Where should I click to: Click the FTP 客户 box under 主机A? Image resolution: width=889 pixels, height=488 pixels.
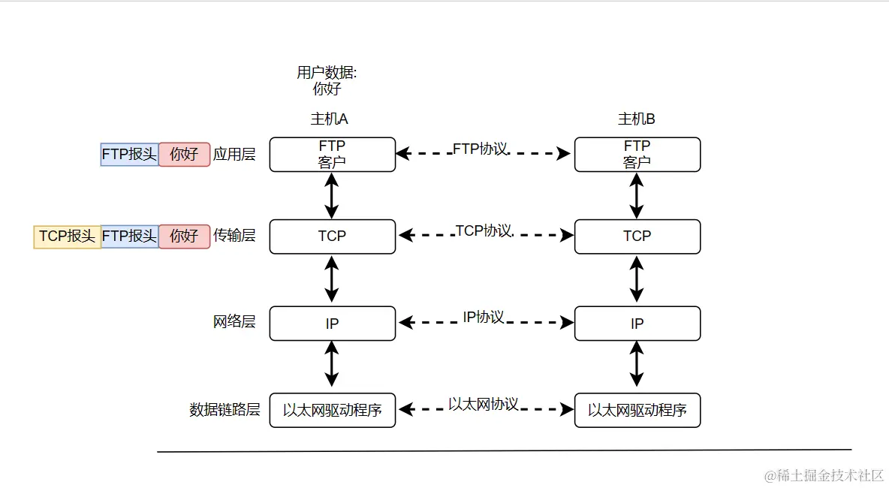coord(332,154)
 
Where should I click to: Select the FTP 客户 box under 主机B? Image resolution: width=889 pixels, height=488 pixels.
coord(637,154)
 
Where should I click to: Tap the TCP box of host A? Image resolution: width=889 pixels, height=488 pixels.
coord(332,236)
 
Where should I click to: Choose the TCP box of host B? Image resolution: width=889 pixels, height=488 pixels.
coord(637,236)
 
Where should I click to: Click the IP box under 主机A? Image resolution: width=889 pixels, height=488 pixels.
coord(332,324)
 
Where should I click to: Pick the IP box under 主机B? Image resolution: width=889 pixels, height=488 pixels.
coord(637,324)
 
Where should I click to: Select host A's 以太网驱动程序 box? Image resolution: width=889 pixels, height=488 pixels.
coord(332,411)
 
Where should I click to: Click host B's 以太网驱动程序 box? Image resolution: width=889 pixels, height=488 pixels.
coord(637,411)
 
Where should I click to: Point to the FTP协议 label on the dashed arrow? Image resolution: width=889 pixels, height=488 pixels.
coord(480,149)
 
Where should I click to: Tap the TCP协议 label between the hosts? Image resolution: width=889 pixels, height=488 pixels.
coord(484,231)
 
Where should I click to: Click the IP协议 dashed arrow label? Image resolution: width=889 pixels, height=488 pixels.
coord(483,318)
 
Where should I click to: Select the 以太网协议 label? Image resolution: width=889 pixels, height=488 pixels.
coord(483,404)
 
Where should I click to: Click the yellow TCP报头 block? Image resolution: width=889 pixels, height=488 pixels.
coord(68,236)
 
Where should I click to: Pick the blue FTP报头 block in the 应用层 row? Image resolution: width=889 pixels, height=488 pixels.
coord(129,155)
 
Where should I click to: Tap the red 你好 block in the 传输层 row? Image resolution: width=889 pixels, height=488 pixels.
coord(184,236)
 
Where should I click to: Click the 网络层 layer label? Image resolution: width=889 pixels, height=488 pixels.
coord(234,322)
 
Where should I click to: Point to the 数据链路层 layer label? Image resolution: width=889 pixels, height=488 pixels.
coord(225,410)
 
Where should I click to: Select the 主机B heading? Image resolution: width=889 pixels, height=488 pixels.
coord(636,119)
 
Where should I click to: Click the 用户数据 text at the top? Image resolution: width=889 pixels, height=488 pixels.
coord(327,74)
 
